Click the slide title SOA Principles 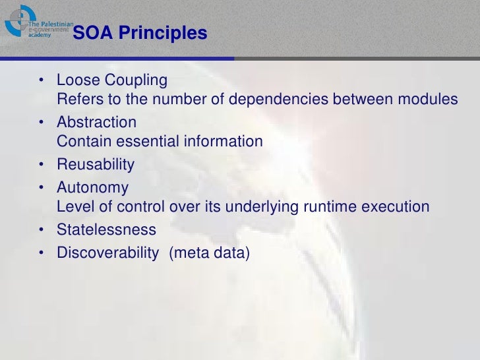(x=140, y=33)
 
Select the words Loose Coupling (x=112, y=80)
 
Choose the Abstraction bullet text (x=97, y=122)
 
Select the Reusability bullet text (x=96, y=164)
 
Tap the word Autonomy (x=93, y=188)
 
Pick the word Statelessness (x=107, y=230)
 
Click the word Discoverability (x=108, y=253)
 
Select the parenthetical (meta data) (x=210, y=253)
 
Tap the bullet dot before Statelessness (x=42, y=231)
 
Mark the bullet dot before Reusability (x=42, y=165)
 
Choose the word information (x=225, y=141)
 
